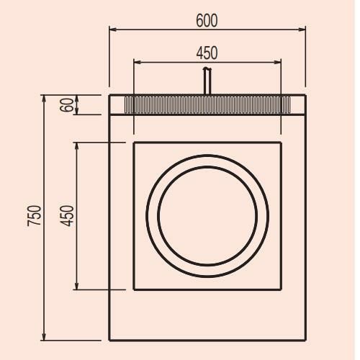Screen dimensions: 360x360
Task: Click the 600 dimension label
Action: [207, 20]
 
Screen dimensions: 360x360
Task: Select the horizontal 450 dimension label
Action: [207, 53]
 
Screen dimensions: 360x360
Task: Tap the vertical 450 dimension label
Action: [67, 216]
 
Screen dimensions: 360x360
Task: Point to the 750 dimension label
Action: [34, 215]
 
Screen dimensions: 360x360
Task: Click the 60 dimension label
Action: [67, 105]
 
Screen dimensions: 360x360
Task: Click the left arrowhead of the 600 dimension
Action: [113, 30]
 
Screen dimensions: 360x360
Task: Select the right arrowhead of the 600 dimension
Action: [302, 30]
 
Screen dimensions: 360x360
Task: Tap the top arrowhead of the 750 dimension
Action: [44, 99]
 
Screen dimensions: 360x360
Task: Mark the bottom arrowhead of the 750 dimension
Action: [44, 336]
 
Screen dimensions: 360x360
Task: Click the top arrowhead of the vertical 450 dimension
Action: [76, 146]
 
